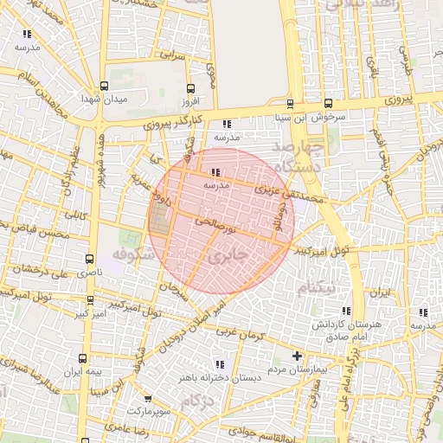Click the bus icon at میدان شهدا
105,86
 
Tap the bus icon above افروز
191,88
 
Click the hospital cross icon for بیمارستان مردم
297,356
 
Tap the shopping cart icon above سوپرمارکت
148,398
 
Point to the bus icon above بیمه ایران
83,358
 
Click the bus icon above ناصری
90,259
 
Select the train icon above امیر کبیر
91,301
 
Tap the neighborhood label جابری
228,255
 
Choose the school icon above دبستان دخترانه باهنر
219,364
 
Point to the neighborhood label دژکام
199,401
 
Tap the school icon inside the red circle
215,172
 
